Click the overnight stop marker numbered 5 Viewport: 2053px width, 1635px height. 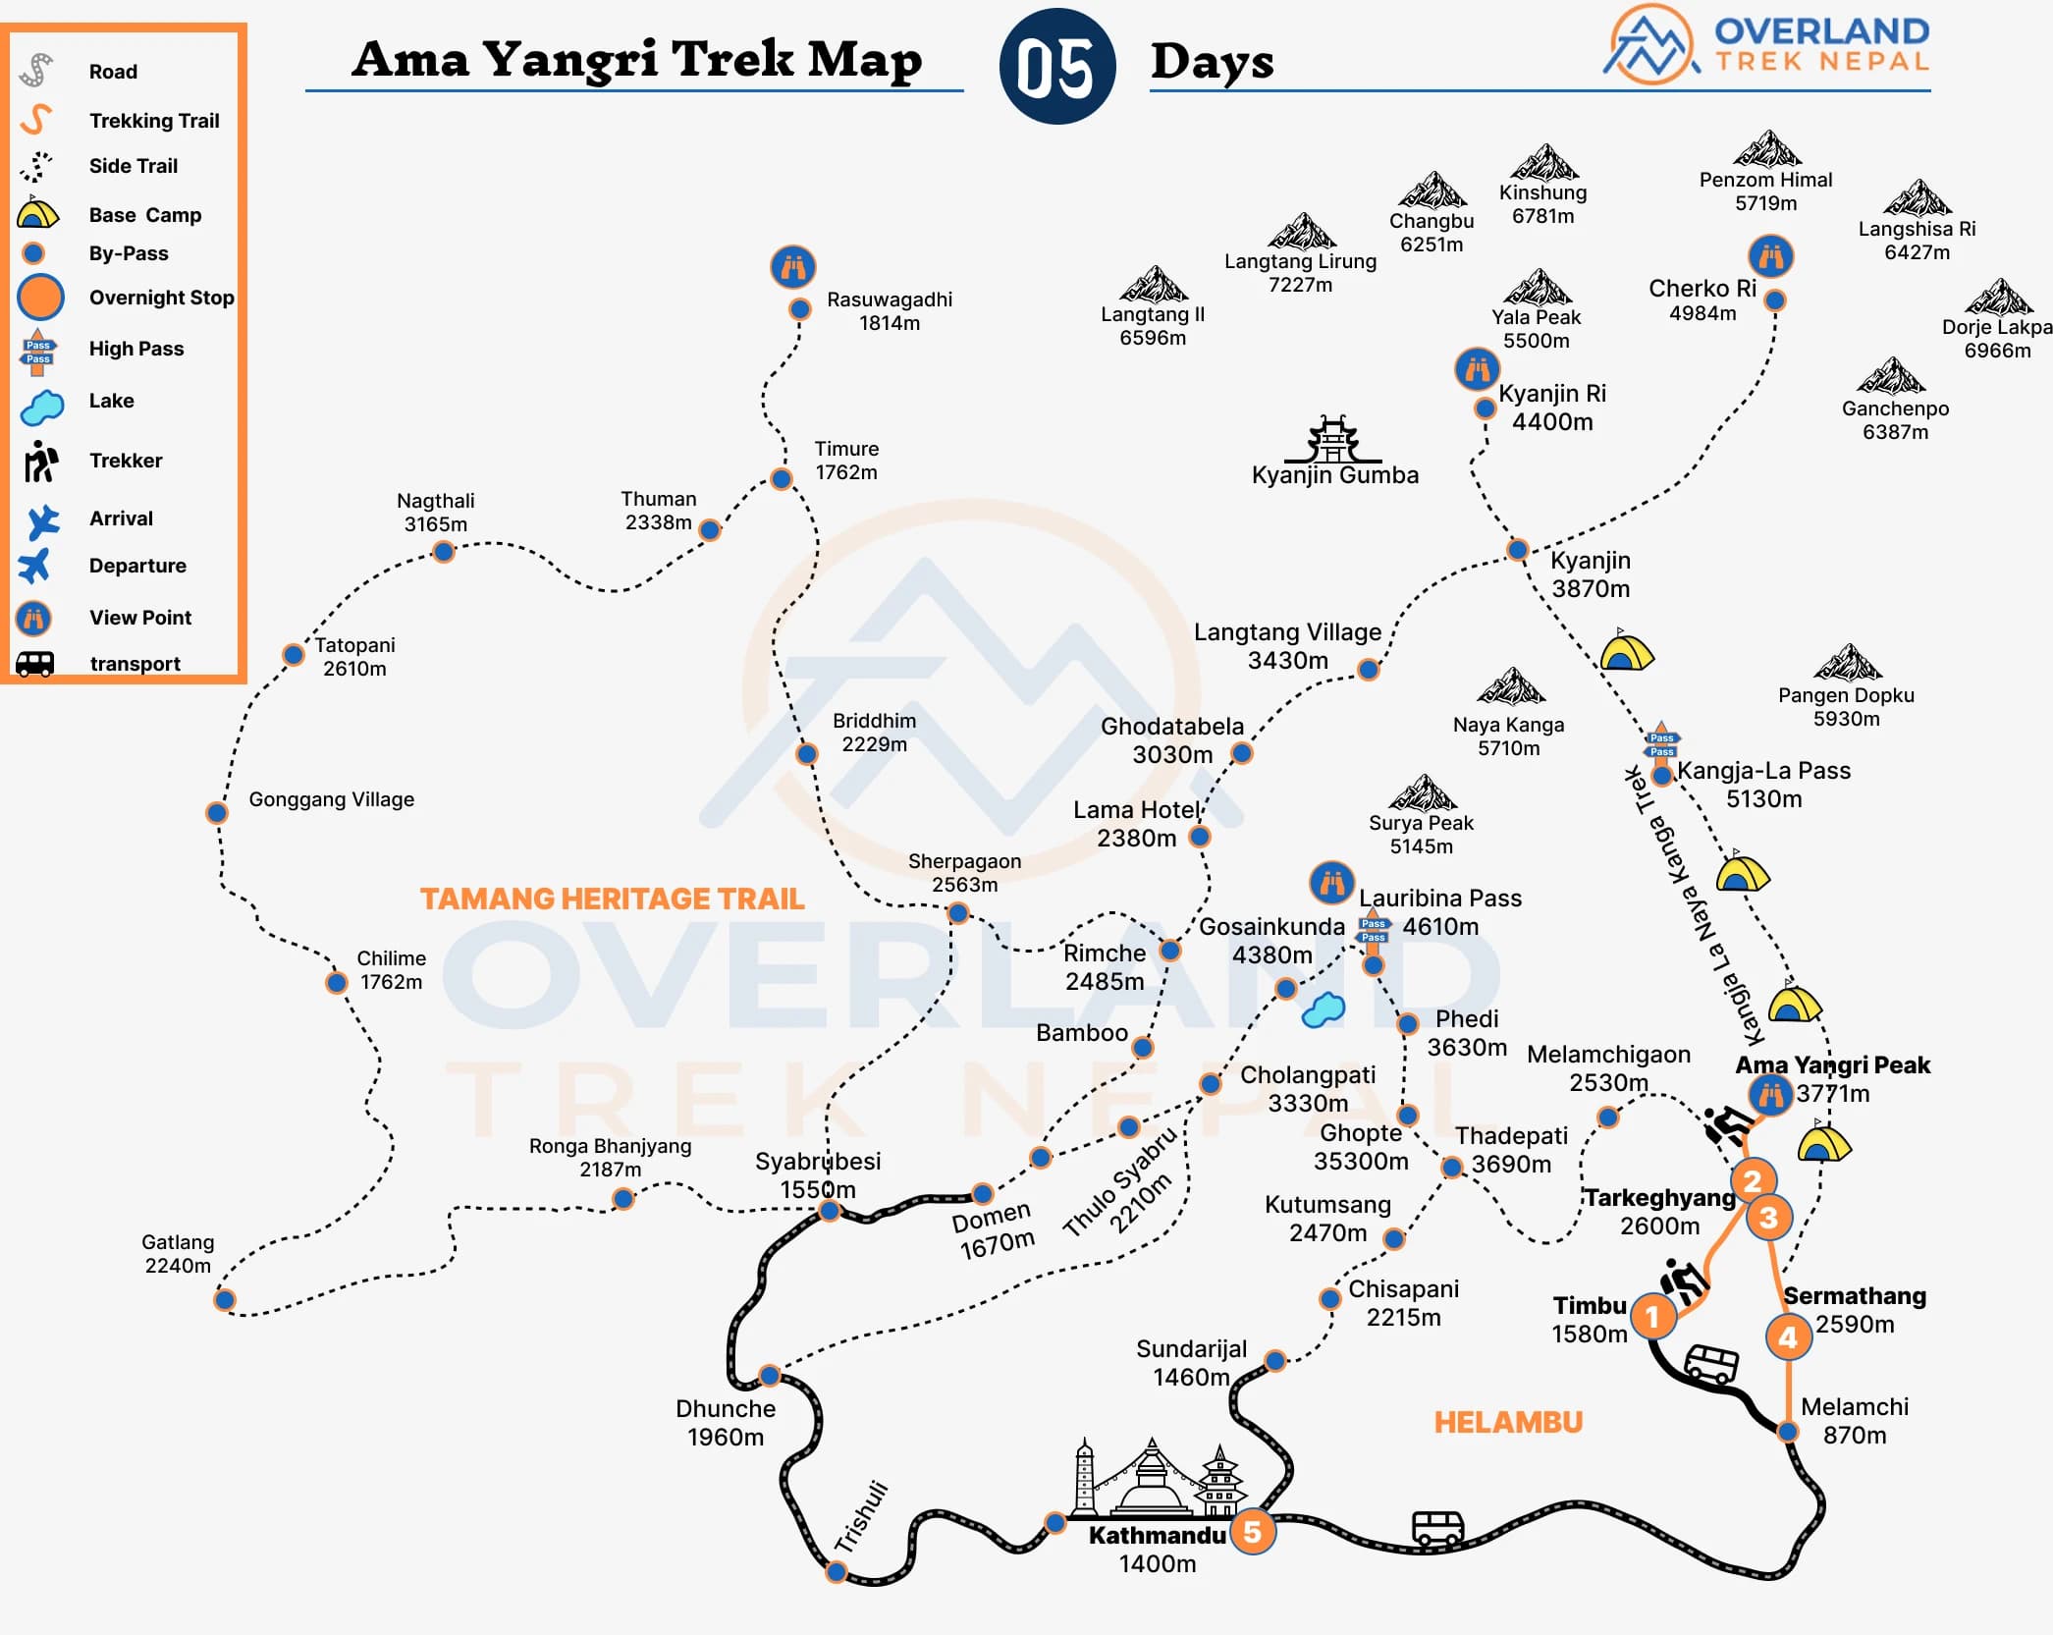pyautogui.click(x=1252, y=1532)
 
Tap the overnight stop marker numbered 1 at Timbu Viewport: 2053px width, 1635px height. pyautogui.click(x=1652, y=1316)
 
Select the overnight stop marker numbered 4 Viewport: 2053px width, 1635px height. pyautogui.click(x=1788, y=1336)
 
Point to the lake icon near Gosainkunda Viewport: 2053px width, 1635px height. pyautogui.click(x=1323, y=1008)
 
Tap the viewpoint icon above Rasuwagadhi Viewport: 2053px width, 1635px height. pyautogui.click(x=793, y=267)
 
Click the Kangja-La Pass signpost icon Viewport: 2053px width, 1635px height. pyautogui.click(x=1661, y=743)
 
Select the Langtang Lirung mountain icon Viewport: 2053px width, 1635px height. pyautogui.click(x=1301, y=232)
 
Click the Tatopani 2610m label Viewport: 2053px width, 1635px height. pyautogui.click(x=354, y=656)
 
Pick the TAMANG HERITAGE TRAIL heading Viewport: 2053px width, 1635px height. pyautogui.click(x=612, y=899)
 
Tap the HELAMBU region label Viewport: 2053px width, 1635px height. pyautogui.click(x=1508, y=1422)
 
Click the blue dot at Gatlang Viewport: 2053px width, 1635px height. pyautogui.click(x=225, y=1300)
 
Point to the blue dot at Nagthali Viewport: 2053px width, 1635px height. pyautogui.click(x=444, y=552)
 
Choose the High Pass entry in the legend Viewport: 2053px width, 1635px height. pyautogui.click(x=136, y=349)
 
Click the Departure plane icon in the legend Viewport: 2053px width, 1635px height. pyautogui.click(x=34, y=566)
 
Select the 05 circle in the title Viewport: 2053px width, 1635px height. pyautogui.click(x=1056, y=67)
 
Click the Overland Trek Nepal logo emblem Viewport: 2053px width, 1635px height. pyautogui.click(x=1652, y=45)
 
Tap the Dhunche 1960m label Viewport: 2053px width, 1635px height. pyautogui.click(x=726, y=1423)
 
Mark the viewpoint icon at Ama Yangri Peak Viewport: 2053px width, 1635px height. pyautogui.click(x=1770, y=1093)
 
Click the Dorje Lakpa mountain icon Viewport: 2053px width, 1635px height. pyautogui.click(x=1998, y=297)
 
